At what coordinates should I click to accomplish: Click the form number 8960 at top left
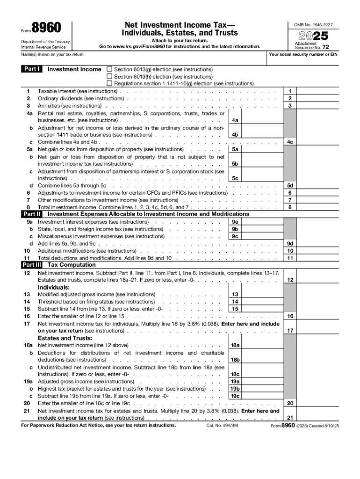46,28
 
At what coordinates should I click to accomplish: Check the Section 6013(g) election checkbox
110,69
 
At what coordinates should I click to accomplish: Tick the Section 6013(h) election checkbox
110,76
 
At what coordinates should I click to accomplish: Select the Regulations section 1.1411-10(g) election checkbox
110,84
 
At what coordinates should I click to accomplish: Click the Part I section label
32,69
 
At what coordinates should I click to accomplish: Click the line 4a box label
235,120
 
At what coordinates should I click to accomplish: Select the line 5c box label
235,178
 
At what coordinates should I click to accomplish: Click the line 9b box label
235,229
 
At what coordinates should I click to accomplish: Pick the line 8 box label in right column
290,207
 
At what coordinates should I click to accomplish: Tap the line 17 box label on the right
290,331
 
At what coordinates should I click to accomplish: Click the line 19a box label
235,382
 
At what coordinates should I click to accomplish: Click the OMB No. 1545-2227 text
313,24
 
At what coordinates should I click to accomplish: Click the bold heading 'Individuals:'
54,287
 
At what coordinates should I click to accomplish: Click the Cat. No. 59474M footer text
222,426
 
